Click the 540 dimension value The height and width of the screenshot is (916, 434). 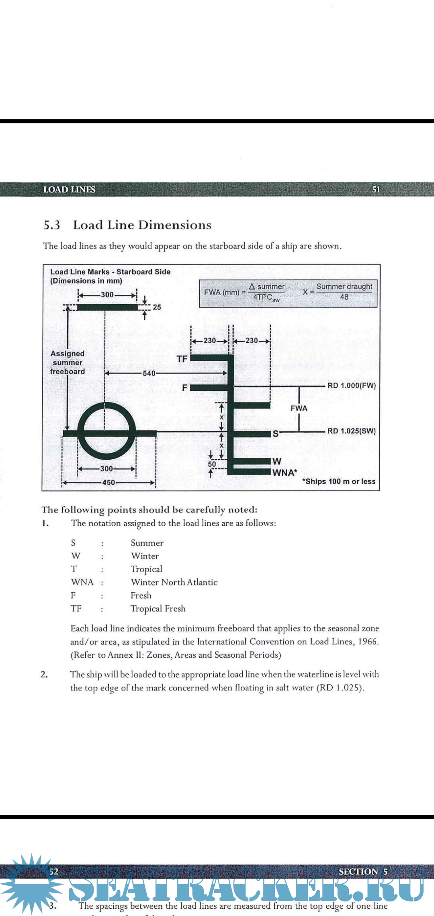pyautogui.click(x=149, y=373)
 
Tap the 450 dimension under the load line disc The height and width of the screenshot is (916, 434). pyautogui.click(x=108, y=483)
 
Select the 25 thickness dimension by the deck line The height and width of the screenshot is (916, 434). pyautogui.click(x=157, y=307)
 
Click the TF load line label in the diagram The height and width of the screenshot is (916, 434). pyautogui.click(x=182, y=359)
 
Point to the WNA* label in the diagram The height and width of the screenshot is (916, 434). pyautogui.click(x=285, y=472)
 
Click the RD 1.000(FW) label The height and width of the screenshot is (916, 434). pyautogui.click(x=352, y=386)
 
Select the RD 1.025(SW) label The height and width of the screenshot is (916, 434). pyautogui.click(x=352, y=431)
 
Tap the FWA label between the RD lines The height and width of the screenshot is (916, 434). pyautogui.click(x=299, y=408)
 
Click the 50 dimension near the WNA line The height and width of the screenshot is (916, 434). pyautogui.click(x=212, y=464)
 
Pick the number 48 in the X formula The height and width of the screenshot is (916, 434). pyautogui.click(x=344, y=297)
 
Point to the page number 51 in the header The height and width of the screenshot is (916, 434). pyautogui.click(x=376, y=190)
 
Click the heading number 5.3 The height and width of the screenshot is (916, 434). pyautogui.click(x=52, y=225)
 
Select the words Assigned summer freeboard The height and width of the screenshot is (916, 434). pyautogui.click(x=68, y=362)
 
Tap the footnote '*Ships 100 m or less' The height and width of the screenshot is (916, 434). pyautogui.click(x=339, y=481)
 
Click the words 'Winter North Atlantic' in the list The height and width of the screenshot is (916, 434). pyautogui.click(x=174, y=582)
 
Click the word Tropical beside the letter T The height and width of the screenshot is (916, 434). pyautogui.click(x=146, y=569)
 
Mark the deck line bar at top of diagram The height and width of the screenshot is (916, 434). pyautogui.click(x=107, y=307)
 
